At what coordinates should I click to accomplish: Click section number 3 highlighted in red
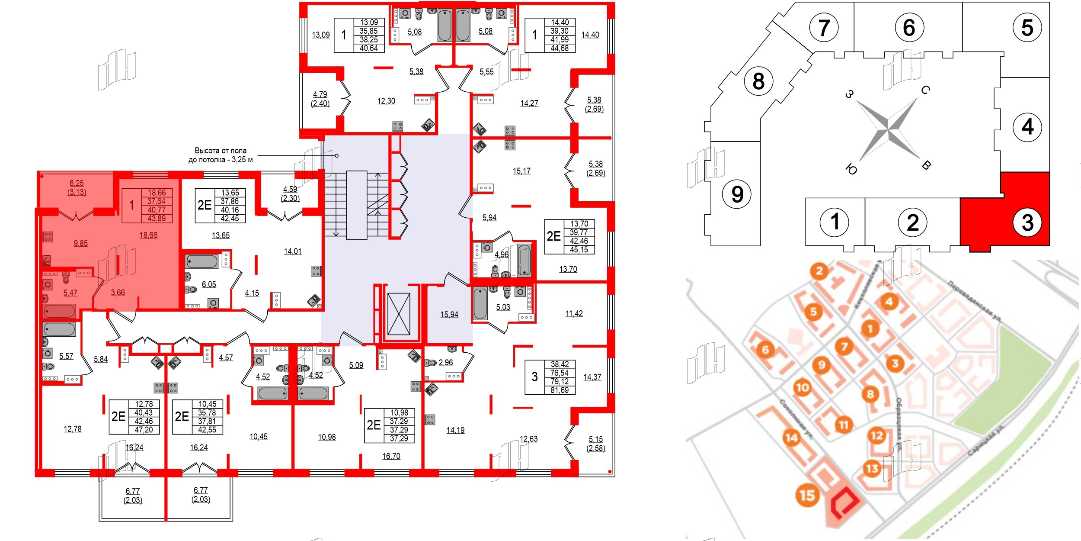pyautogui.click(x=1027, y=223)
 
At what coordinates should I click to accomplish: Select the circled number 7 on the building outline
pyautogui.click(x=824, y=28)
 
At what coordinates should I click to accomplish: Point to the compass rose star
pyautogui.click(x=888, y=129)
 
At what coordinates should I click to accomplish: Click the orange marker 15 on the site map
pyautogui.click(x=807, y=495)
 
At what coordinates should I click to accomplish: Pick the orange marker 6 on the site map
pyautogui.click(x=765, y=349)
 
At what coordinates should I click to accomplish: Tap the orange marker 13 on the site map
pyautogui.click(x=872, y=468)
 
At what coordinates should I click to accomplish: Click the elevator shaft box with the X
pyautogui.click(x=399, y=314)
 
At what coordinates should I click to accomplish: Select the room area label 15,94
pyautogui.click(x=449, y=315)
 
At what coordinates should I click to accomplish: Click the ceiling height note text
pyautogui.click(x=221, y=155)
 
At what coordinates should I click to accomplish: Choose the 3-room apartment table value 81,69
pyautogui.click(x=559, y=390)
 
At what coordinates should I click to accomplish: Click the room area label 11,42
pyautogui.click(x=574, y=313)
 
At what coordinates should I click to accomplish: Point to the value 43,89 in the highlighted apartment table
pyautogui.click(x=157, y=219)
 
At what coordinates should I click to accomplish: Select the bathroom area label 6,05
pyautogui.click(x=209, y=284)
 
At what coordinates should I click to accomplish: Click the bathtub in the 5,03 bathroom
pyautogui.click(x=480, y=303)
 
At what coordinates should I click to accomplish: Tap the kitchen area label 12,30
pyautogui.click(x=386, y=101)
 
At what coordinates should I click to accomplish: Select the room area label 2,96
pyautogui.click(x=445, y=363)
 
